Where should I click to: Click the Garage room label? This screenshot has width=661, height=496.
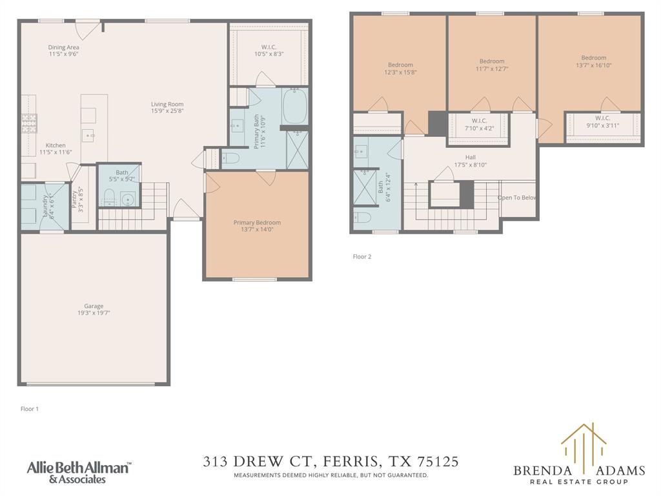coord(94,306)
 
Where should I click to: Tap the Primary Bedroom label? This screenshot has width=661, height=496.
coord(257,223)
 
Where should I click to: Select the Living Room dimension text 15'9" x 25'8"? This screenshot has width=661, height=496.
coord(167,111)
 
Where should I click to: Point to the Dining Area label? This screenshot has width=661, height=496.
coord(64,47)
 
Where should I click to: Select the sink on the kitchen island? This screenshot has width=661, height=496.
coord(88,135)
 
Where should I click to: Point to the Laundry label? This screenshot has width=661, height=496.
coord(45,201)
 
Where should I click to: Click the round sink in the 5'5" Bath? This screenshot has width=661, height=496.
coord(128,198)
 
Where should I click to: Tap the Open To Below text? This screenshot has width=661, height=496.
coord(517,198)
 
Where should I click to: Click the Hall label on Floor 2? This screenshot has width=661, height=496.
coord(471,157)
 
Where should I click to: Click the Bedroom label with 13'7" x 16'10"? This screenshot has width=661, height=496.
coord(593,57)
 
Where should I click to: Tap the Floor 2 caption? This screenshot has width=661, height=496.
coord(361,256)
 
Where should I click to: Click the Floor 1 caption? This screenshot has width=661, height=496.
coord(30,409)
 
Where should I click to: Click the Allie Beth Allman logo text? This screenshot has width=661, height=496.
coord(77,467)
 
